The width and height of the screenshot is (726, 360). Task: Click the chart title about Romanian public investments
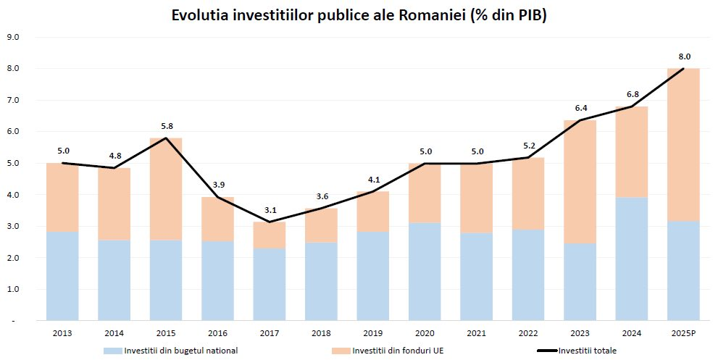(359, 15)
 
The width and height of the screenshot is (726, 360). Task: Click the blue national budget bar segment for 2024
(631, 259)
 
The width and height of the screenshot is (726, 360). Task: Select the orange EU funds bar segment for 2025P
(683, 145)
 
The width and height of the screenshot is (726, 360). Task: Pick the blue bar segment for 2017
(270, 284)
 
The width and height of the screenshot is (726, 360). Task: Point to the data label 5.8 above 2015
(166, 125)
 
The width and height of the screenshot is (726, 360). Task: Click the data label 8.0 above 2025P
(684, 56)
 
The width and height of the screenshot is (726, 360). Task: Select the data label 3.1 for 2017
(270, 209)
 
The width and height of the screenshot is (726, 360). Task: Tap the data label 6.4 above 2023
(580, 108)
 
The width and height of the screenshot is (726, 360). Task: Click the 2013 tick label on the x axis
(62, 332)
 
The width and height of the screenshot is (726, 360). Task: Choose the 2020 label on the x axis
(425, 332)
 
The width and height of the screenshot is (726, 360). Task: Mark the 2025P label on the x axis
(683, 332)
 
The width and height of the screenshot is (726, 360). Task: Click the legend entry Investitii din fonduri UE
(391, 351)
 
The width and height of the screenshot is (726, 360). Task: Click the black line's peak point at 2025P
(683, 69)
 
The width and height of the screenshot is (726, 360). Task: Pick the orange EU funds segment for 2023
(580, 182)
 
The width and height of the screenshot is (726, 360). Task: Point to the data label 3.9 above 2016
(218, 185)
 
